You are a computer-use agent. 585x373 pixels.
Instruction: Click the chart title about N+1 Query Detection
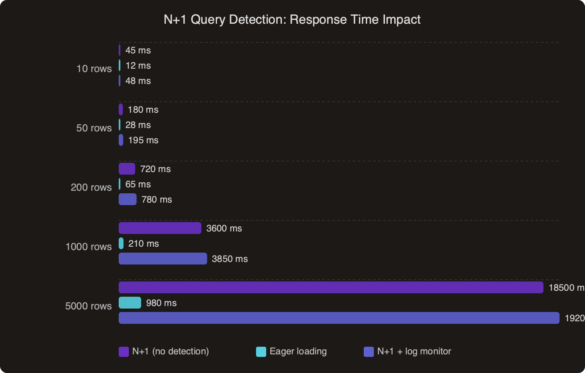point(292,19)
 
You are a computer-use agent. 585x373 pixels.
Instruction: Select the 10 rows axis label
point(94,69)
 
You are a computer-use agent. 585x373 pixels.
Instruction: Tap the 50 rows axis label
point(94,128)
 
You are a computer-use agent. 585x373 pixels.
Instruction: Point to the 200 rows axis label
point(91,187)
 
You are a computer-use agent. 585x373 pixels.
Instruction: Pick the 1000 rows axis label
point(89,247)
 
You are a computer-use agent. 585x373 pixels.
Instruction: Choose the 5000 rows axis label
point(89,306)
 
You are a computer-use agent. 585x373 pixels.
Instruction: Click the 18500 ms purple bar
point(331,287)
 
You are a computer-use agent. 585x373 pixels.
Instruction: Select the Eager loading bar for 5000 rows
point(130,303)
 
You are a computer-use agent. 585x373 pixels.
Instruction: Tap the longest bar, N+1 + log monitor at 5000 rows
point(339,318)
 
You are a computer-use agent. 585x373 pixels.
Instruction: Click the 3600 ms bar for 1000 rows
point(160,228)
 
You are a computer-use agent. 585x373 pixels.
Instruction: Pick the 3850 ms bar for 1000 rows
point(163,259)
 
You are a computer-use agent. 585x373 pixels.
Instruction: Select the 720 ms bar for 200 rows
point(127,169)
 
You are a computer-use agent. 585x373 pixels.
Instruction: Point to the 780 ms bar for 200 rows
point(128,199)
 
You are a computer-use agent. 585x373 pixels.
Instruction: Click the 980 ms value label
point(161,303)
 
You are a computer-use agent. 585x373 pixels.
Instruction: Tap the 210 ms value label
point(143,244)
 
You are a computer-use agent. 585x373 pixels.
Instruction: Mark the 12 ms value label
point(138,66)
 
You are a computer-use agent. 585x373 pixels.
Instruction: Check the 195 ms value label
point(143,140)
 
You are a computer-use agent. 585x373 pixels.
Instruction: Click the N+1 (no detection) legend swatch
point(124,352)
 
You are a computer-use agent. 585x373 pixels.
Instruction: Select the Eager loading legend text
point(298,351)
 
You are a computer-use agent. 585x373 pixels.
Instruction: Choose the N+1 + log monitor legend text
point(414,351)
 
